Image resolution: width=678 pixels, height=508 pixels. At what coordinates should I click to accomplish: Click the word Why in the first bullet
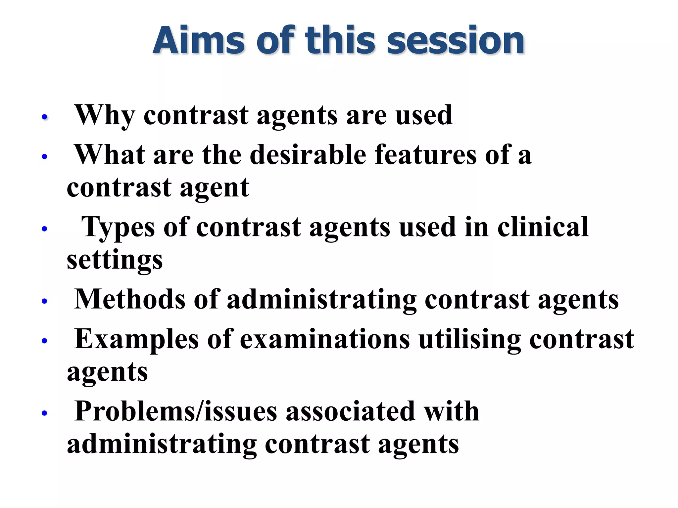(x=105, y=115)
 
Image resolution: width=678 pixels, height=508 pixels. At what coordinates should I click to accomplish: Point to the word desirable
(x=308, y=155)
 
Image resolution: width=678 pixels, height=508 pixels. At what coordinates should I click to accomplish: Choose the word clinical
(x=543, y=227)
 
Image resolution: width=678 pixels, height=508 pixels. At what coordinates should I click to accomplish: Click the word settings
(x=115, y=261)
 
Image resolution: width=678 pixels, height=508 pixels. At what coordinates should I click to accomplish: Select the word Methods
(x=129, y=299)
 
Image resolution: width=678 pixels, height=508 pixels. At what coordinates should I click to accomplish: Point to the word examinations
(x=324, y=339)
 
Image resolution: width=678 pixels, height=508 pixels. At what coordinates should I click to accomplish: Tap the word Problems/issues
(x=175, y=411)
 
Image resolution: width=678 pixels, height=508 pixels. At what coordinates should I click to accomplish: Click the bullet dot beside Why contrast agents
(x=45, y=117)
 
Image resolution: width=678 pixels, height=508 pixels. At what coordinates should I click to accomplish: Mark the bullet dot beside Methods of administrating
(x=45, y=301)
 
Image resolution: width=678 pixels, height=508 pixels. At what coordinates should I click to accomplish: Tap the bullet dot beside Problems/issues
(x=45, y=413)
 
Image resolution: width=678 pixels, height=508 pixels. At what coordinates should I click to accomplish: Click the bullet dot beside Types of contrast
(x=45, y=229)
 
